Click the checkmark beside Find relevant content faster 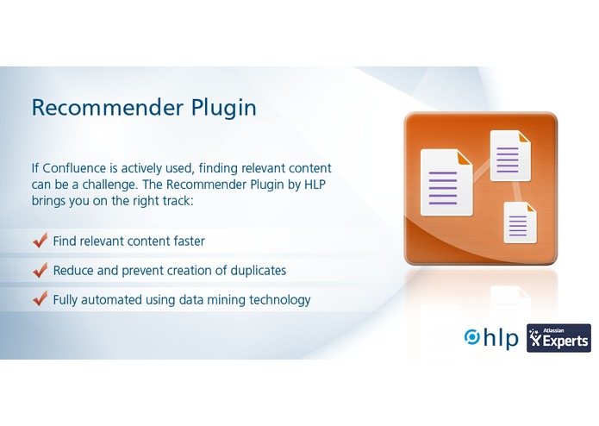click(39, 241)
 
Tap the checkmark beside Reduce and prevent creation click(39, 270)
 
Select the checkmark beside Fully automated click(39, 299)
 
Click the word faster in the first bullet click(186, 241)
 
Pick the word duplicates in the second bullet click(256, 271)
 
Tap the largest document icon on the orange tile click(445, 181)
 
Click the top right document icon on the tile click(509, 155)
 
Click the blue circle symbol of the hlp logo click(472, 337)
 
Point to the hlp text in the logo click(501, 337)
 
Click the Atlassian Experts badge click(558, 338)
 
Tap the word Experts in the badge click(565, 342)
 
